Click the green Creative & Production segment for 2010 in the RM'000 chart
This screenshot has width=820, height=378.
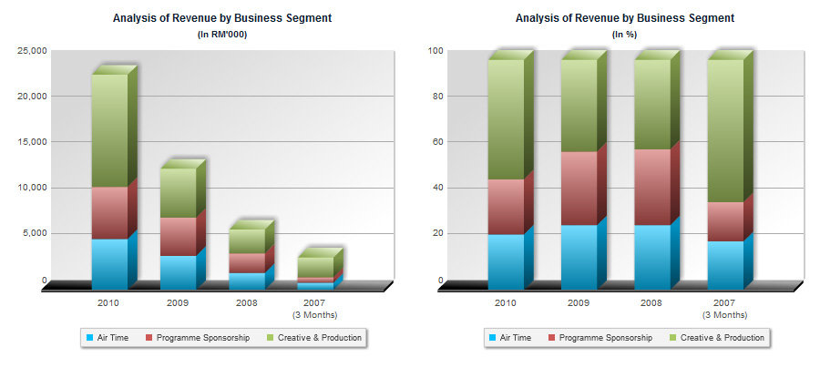109,130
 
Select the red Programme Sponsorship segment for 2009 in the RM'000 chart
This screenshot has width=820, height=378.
178,237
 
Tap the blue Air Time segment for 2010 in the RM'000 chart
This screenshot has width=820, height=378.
109,263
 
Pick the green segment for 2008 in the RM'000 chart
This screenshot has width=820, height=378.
247,240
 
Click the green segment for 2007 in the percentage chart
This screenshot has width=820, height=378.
725,130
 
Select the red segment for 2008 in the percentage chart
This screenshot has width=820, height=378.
651,187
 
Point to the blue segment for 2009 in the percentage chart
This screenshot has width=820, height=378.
579,256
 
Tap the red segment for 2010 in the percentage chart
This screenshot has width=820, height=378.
505,207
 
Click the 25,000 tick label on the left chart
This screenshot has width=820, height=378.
32,51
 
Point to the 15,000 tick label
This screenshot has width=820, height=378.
32,142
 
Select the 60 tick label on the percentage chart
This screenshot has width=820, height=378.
437,142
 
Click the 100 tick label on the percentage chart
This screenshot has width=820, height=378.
435,51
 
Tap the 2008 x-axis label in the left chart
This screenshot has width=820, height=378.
247,302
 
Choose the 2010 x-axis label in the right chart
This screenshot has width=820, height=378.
505,302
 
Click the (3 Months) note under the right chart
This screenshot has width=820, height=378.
723,315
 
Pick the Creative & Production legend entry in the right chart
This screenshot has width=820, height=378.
716,338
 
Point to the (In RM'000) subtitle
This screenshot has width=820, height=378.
222,35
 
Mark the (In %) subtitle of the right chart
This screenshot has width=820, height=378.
625,35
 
